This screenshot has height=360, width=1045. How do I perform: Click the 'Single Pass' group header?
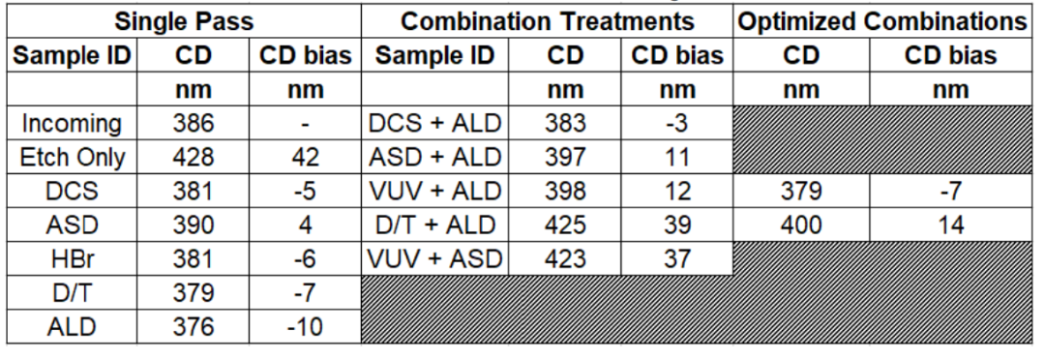(184, 21)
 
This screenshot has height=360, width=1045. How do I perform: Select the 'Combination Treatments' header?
(547, 21)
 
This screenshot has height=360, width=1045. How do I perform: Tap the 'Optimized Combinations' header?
(883, 21)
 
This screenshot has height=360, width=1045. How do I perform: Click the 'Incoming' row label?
(72, 123)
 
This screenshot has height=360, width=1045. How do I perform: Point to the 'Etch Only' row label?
(72, 158)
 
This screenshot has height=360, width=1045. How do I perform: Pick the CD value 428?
(194, 158)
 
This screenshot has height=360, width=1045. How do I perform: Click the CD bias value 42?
(305, 158)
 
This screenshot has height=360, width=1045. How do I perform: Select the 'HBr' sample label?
(72, 258)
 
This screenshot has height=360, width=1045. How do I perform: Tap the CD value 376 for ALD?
(194, 327)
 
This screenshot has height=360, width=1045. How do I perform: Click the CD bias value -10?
(305, 327)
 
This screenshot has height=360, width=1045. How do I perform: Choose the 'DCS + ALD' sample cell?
(434, 123)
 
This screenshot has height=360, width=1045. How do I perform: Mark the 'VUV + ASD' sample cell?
(434, 258)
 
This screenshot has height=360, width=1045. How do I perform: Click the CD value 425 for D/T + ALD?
(565, 225)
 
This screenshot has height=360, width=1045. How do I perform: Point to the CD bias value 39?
(677, 225)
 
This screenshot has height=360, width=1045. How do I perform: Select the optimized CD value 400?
(801, 225)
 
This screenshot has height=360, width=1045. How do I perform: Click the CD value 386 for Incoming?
(194, 123)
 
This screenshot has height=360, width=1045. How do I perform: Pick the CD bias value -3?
(677, 123)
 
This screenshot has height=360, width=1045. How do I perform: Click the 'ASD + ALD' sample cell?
(434, 158)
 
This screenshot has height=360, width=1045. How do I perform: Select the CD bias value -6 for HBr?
(305, 258)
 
